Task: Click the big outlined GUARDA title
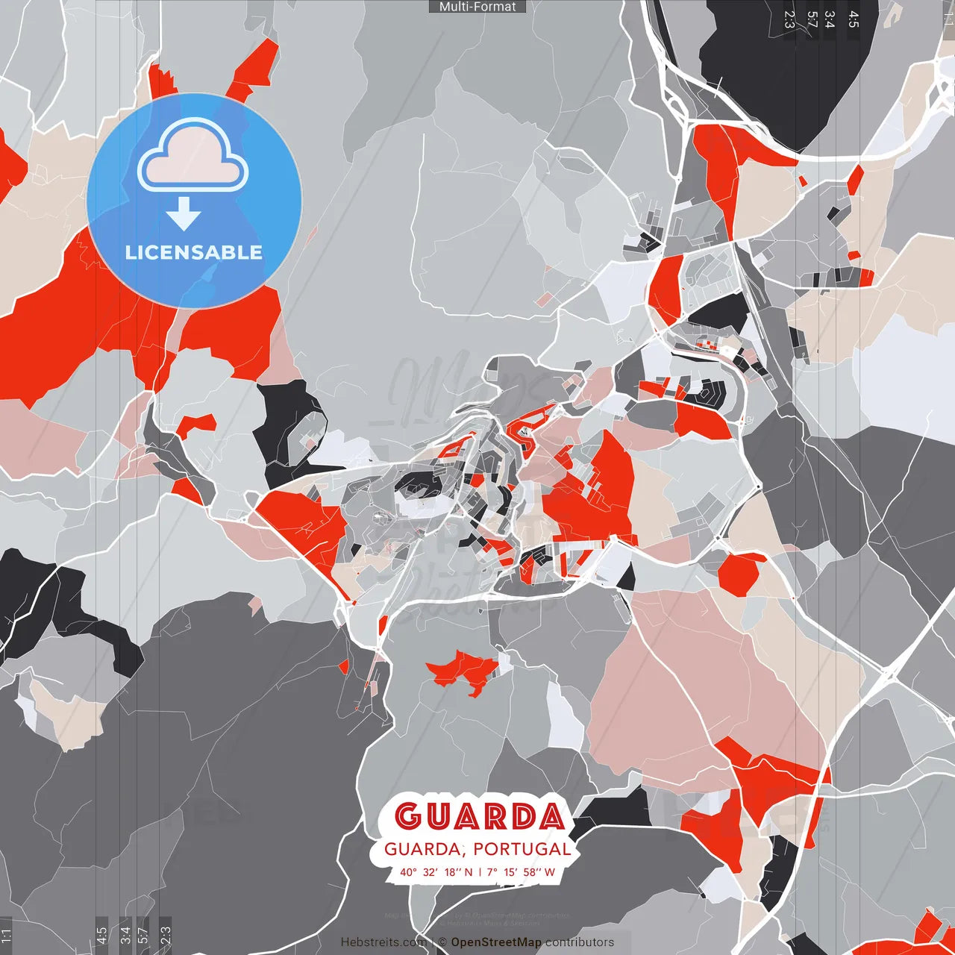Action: click(x=478, y=816)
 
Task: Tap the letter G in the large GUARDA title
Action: click(x=409, y=816)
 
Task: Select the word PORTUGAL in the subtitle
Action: click(x=522, y=849)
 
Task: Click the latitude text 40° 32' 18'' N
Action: click(x=436, y=872)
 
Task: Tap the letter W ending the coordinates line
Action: click(x=550, y=872)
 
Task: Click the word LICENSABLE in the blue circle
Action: click(x=194, y=252)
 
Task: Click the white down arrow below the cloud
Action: click(x=184, y=214)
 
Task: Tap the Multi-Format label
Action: click(x=477, y=7)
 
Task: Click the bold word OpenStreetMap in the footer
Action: click(x=496, y=942)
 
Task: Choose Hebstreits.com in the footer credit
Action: click(x=383, y=942)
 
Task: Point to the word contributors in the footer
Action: click(x=580, y=942)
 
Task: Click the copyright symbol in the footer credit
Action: click(x=442, y=942)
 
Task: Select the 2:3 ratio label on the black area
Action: click(x=789, y=19)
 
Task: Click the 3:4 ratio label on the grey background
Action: click(x=830, y=19)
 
